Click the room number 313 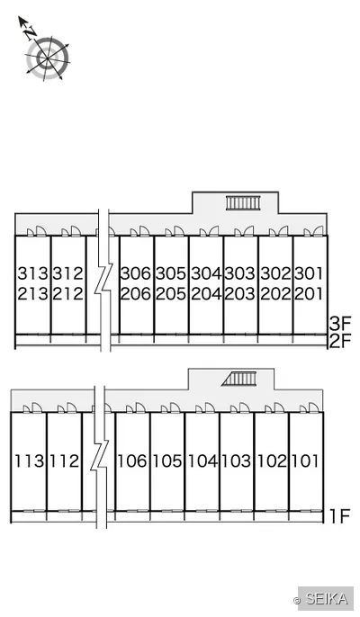[32, 273]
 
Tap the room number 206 [136, 293]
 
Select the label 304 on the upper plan [207, 273]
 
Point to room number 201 [309, 293]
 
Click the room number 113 [30, 461]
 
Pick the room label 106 [132, 461]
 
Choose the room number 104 [202, 461]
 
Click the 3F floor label [340, 324]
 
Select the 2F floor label [340, 341]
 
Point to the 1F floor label [340, 516]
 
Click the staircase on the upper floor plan [243, 202]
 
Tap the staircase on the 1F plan [239, 379]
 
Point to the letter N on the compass [30, 34]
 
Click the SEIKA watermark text [327, 599]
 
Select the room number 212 [67, 293]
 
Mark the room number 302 [275, 273]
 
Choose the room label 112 [64, 461]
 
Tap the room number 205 [170, 293]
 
